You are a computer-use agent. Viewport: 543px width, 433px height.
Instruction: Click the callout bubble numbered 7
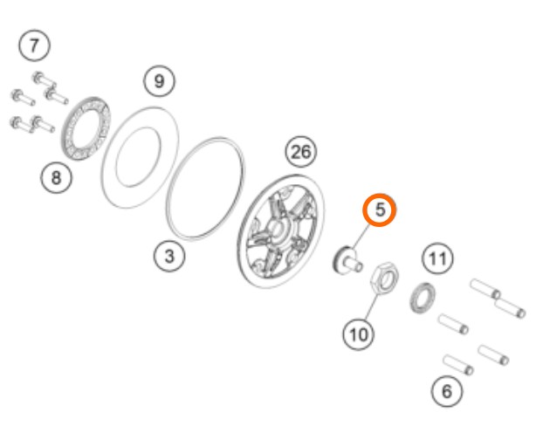pyautogui.click(x=34, y=45)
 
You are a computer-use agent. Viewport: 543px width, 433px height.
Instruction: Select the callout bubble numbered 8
pyautogui.click(x=57, y=178)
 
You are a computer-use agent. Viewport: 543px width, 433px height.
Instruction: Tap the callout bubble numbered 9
pyautogui.click(x=159, y=81)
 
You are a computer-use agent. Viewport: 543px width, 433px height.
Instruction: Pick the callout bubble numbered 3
pyautogui.click(x=169, y=257)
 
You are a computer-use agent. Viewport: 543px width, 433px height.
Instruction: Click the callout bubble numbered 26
pyautogui.click(x=301, y=152)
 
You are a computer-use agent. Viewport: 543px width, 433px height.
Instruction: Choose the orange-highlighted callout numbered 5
pyautogui.click(x=380, y=210)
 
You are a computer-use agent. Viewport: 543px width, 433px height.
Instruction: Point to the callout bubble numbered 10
pyautogui.click(x=359, y=334)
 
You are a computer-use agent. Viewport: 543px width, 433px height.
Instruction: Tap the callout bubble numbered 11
pyautogui.click(x=437, y=258)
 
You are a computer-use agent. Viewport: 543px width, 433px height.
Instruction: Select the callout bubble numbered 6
pyautogui.click(x=447, y=391)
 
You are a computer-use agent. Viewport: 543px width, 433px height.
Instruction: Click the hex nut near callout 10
pyautogui.click(x=385, y=278)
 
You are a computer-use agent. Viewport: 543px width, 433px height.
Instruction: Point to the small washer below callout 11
pyautogui.click(x=423, y=298)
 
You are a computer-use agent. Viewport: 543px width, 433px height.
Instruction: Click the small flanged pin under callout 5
pyautogui.click(x=347, y=260)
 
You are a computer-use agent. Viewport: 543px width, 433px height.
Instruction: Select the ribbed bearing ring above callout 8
pyautogui.click(x=86, y=128)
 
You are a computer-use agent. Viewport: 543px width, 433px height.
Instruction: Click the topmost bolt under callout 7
pyautogui.click(x=45, y=79)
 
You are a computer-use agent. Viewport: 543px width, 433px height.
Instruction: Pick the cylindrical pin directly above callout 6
pyautogui.click(x=458, y=364)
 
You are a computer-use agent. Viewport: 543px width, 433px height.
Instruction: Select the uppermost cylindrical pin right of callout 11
pyautogui.click(x=485, y=289)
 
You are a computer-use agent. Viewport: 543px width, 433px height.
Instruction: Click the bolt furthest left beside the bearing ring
pyautogui.click(x=23, y=97)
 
